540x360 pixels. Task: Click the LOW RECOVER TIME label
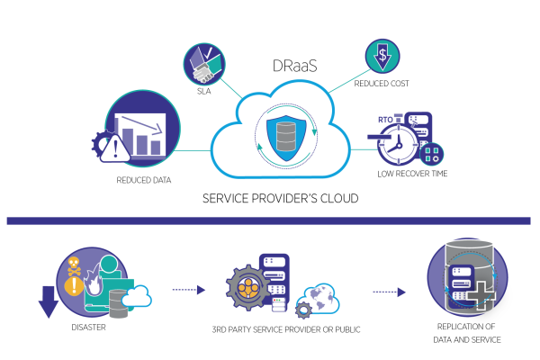point(412,173)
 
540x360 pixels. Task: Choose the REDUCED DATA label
point(145,180)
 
